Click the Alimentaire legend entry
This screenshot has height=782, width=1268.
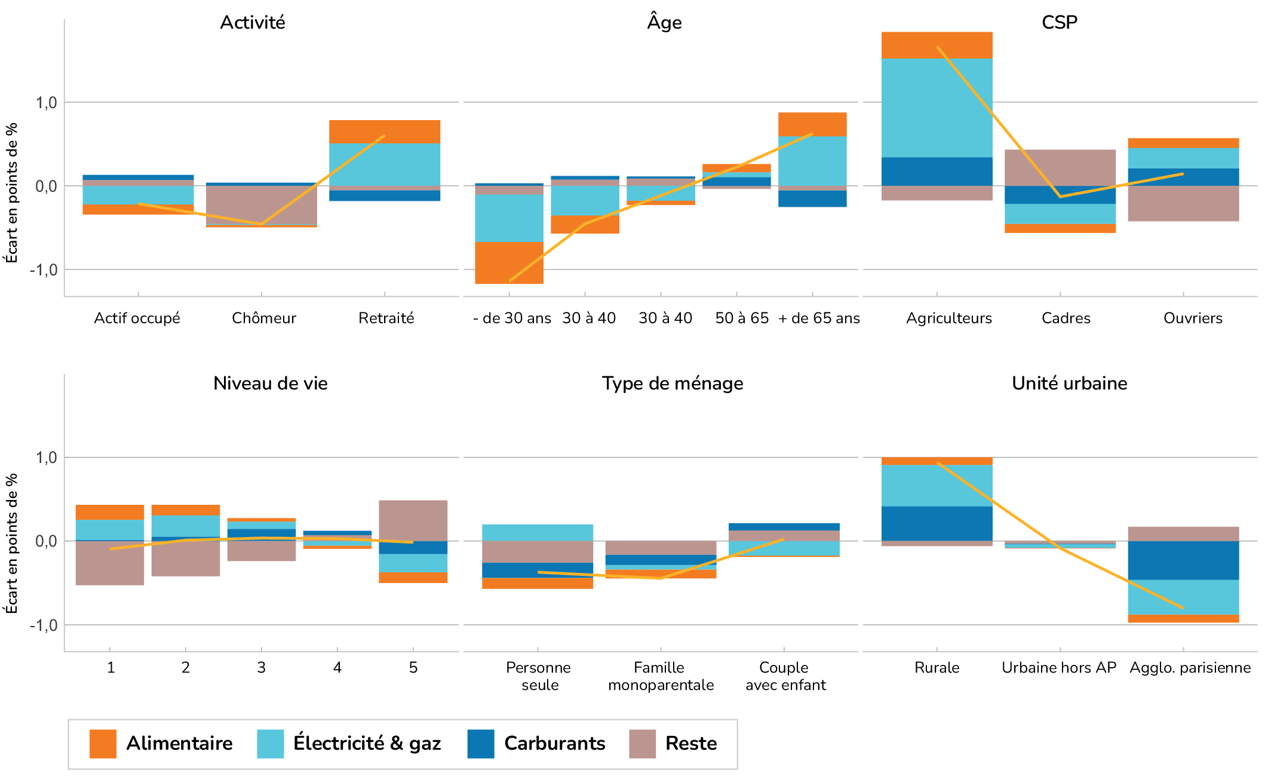[161, 744]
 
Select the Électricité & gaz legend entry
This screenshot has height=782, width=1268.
[349, 744]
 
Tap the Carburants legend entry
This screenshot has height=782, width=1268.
[536, 744]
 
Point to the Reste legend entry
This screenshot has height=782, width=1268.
[673, 744]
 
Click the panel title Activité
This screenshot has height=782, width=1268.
[253, 23]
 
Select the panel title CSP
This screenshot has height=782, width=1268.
[1059, 23]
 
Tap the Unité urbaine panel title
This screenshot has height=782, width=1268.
[1069, 384]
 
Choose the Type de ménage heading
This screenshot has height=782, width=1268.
[673, 384]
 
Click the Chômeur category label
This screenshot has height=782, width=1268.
[264, 318]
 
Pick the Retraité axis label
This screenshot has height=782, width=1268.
[386, 318]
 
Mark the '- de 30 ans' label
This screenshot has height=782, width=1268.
[512, 318]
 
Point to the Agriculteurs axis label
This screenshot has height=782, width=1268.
[948, 318]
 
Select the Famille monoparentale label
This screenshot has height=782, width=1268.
[661, 676]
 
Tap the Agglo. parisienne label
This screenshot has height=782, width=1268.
[1190, 668]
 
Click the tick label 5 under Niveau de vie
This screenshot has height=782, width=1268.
[413, 668]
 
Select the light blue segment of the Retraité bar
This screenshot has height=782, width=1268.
[385, 164]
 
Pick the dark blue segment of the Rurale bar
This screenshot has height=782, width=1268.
[937, 523]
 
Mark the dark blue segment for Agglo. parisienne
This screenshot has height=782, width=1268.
[1183, 560]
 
